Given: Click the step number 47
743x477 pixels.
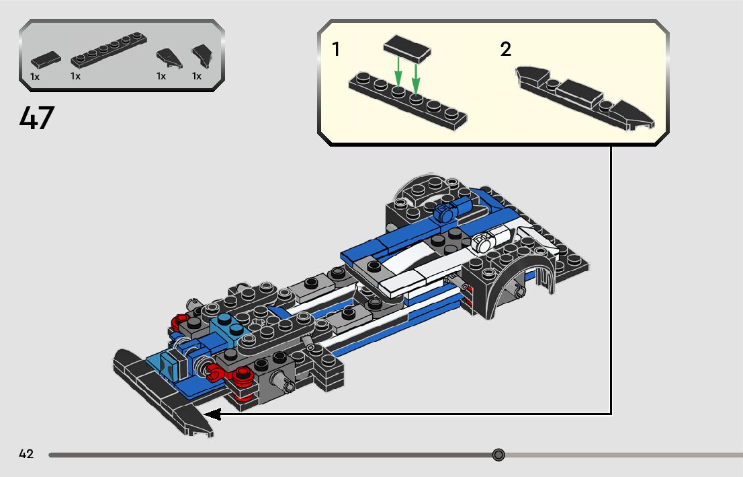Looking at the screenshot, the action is (x=37, y=119).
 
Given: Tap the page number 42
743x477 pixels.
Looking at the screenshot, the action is (x=26, y=454).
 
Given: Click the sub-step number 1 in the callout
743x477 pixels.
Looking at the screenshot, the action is (x=336, y=50).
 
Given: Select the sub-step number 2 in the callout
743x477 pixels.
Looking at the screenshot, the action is (x=505, y=50).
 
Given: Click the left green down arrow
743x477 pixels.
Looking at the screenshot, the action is (x=398, y=73).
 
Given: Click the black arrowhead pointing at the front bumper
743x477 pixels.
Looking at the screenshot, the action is (x=212, y=414).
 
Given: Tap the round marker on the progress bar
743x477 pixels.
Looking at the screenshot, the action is (x=498, y=455).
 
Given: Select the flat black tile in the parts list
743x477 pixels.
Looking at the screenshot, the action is (x=45, y=60).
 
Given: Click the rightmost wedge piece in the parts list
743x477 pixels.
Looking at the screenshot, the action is (x=201, y=57).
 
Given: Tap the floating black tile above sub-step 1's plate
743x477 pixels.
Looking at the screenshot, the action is (x=406, y=49).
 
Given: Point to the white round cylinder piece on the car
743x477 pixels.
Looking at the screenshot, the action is (x=488, y=239).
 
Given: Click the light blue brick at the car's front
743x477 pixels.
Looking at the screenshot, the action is (x=169, y=364).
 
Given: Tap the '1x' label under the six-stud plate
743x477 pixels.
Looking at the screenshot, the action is (x=75, y=77).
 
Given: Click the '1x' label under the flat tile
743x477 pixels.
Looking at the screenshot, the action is (x=35, y=77).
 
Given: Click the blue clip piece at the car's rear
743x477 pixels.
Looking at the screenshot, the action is (x=446, y=213).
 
